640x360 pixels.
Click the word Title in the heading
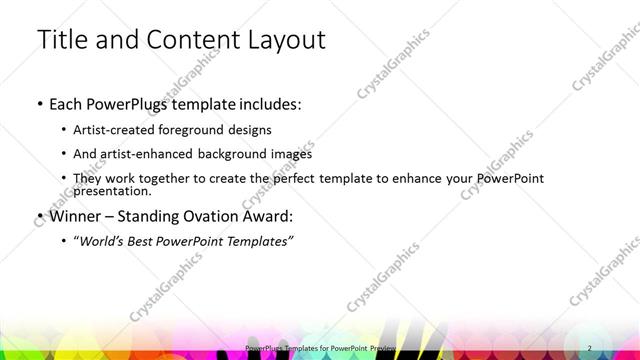63,40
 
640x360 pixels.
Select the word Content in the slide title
189,40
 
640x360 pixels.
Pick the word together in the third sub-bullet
178,178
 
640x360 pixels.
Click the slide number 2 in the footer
590,348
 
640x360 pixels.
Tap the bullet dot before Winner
38,216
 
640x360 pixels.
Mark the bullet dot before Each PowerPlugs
38,104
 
